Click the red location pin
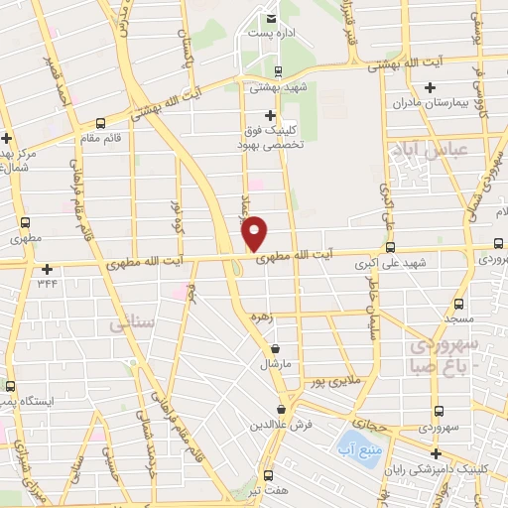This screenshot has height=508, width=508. [255, 232]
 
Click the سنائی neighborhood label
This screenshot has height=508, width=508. [131, 324]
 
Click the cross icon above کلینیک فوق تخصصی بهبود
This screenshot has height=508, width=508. [270, 116]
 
